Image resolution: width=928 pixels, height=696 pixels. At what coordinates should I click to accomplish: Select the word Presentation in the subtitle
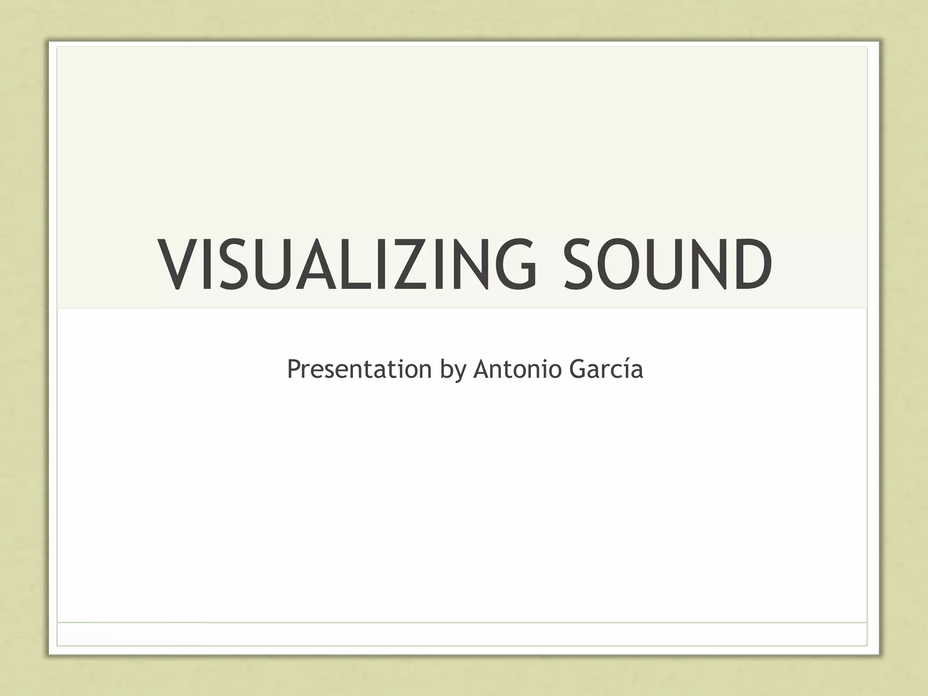click(359, 369)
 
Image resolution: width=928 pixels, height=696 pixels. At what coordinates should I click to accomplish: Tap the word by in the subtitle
click(453, 370)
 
